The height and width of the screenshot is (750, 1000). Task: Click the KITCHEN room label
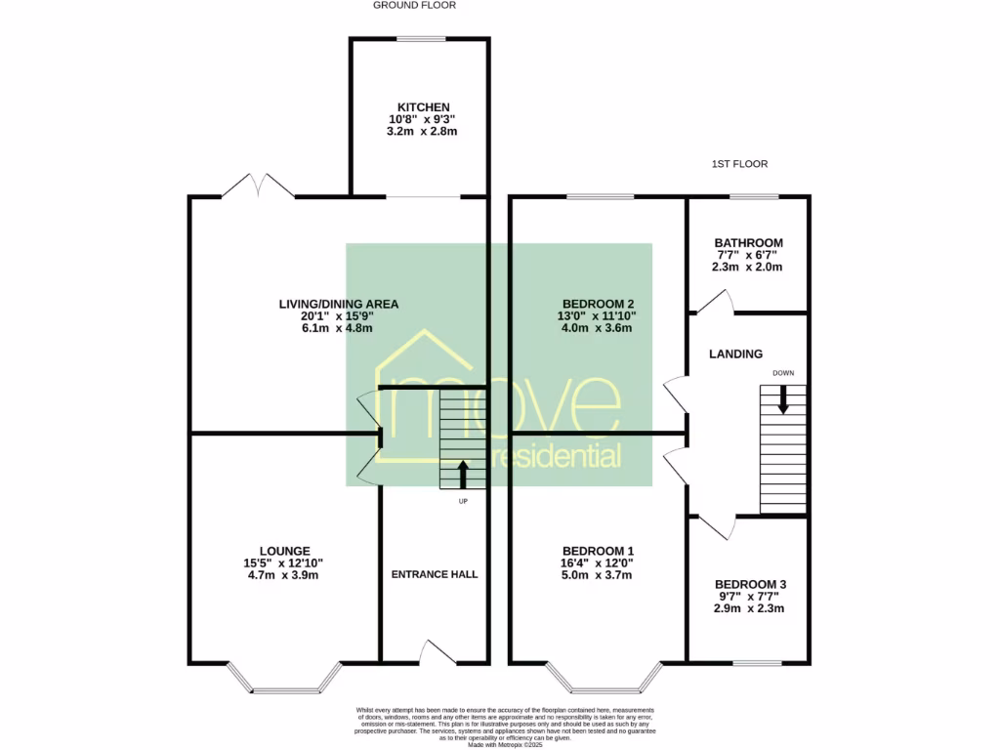click(x=423, y=106)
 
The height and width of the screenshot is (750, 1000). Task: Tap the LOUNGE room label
click(x=284, y=551)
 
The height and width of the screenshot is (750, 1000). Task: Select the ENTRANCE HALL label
click(x=435, y=574)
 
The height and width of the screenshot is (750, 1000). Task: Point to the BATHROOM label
click(x=748, y=243)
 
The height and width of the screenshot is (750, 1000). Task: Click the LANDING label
click(x=735, y=354)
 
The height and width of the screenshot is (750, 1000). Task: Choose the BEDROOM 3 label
click(x=749, y=584)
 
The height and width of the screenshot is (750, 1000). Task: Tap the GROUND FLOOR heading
click(x=414, y=6)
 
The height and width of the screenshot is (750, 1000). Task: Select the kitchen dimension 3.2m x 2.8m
click(x=423, y=131)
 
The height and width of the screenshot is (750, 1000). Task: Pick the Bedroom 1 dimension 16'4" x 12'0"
click(x=597, y=563)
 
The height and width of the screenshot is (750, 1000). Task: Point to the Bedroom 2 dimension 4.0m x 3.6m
click(x=597, y=328)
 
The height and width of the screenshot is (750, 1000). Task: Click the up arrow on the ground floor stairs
click(x=463, y=474)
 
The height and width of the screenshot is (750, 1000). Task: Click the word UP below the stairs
click(x=463, y=502)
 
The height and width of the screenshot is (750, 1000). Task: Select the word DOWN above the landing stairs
click(x=783, y=373)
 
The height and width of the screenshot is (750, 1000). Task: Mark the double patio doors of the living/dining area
click(x=258, y=187)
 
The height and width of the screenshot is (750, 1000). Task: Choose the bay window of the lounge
click(x=284, y=682)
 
